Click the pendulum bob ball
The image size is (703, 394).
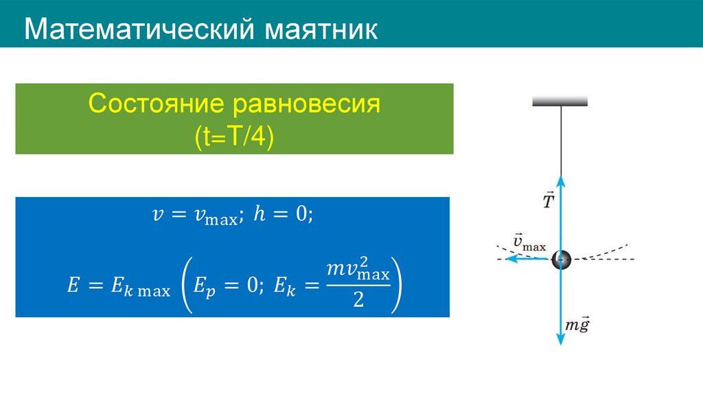[x=561, y=259]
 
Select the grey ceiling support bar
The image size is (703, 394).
[x=560, y=101]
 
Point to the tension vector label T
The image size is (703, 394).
[x=549, y=201]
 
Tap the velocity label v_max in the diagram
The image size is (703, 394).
[x=529, y=242]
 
